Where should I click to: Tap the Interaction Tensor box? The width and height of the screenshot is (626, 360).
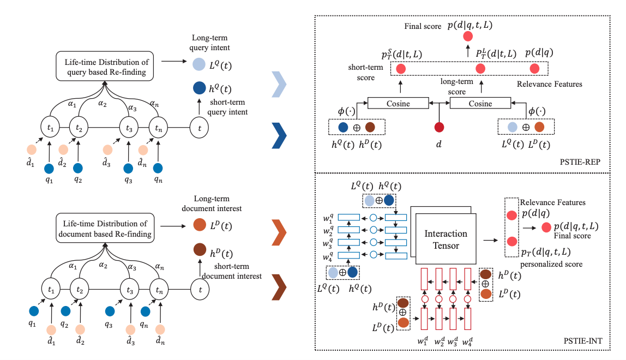tap(446, 238)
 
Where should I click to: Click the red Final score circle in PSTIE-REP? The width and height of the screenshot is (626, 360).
tap(467, 37)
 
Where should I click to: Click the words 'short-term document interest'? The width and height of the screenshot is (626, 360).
tap(231, 271)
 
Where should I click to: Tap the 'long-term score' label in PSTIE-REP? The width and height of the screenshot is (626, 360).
tap(456, 86)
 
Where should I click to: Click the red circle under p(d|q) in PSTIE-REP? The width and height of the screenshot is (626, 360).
tap(535, 69)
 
